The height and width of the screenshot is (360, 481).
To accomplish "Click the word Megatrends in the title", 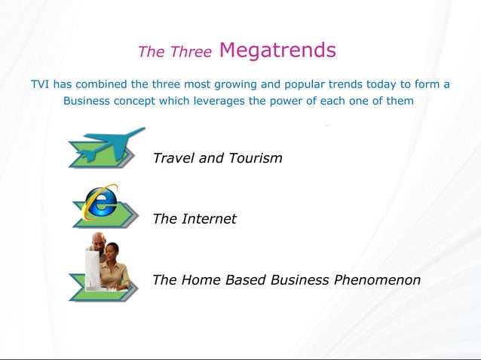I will click(x=277, y=50).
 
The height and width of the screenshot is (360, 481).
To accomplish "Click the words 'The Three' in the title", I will click(x=174, y=52).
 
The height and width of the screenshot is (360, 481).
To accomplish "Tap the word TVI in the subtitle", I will click(x=39, y=84).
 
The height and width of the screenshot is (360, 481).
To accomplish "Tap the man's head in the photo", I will click(x=98, y=240).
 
